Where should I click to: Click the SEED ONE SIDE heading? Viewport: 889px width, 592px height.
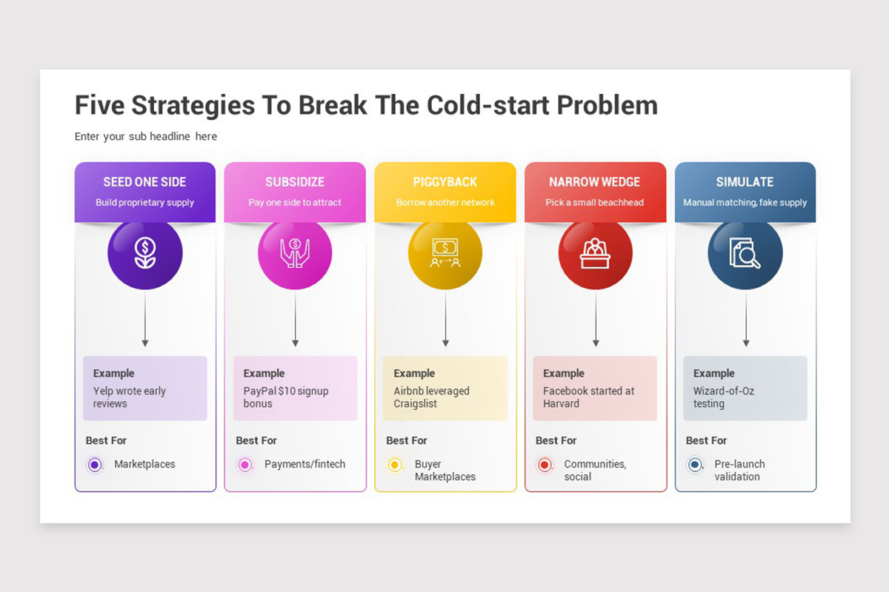click(x=144, y=182)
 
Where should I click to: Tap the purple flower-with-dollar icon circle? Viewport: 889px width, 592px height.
click(x=145, y=252)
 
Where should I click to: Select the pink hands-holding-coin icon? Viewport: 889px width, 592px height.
click(x=295, y=252)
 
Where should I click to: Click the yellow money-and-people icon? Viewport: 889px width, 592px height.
click(x=445, y=252)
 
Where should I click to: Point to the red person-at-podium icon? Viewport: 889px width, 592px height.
click(x=595, y=252)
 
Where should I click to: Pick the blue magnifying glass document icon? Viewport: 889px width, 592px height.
click(x=745, y=252)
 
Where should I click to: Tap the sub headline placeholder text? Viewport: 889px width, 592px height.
click(x=146, y=136)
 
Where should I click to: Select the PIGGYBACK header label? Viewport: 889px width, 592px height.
click(x=445, y=182)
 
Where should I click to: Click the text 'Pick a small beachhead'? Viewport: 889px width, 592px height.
click(x=594, y=203)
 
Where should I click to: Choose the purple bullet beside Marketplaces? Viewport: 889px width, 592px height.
click(x=95, y=464)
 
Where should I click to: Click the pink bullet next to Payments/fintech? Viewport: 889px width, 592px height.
click(x=245, y=464)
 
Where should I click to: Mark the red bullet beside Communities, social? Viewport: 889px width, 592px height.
click(x=545, y=464)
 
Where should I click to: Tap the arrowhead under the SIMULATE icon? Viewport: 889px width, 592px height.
click(x=746, y=343)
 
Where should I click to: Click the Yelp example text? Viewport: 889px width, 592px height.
click(x=130, y=397)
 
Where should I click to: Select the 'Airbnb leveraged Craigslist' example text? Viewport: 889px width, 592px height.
click(x=431, y=397)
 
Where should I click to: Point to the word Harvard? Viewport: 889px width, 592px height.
click(x=562, y=403)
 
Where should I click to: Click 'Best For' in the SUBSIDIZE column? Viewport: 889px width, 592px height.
click(x=256, y=440)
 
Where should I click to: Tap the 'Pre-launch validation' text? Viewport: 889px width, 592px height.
click(x=739, y=470)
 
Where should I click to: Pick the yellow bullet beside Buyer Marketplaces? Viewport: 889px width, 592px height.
click(x=394, y=464)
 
